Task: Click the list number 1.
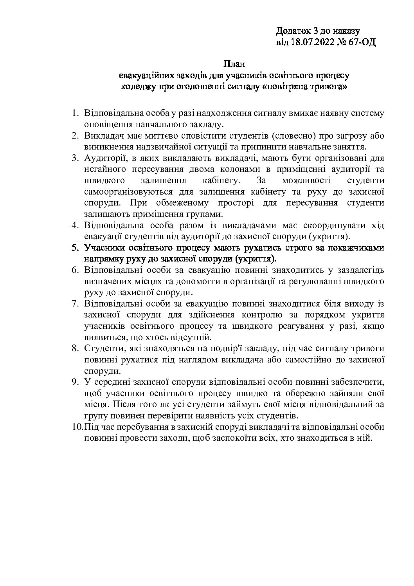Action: pos(75,114)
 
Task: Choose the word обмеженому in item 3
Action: pos(172,204)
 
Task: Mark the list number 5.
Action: pos(75,248)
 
